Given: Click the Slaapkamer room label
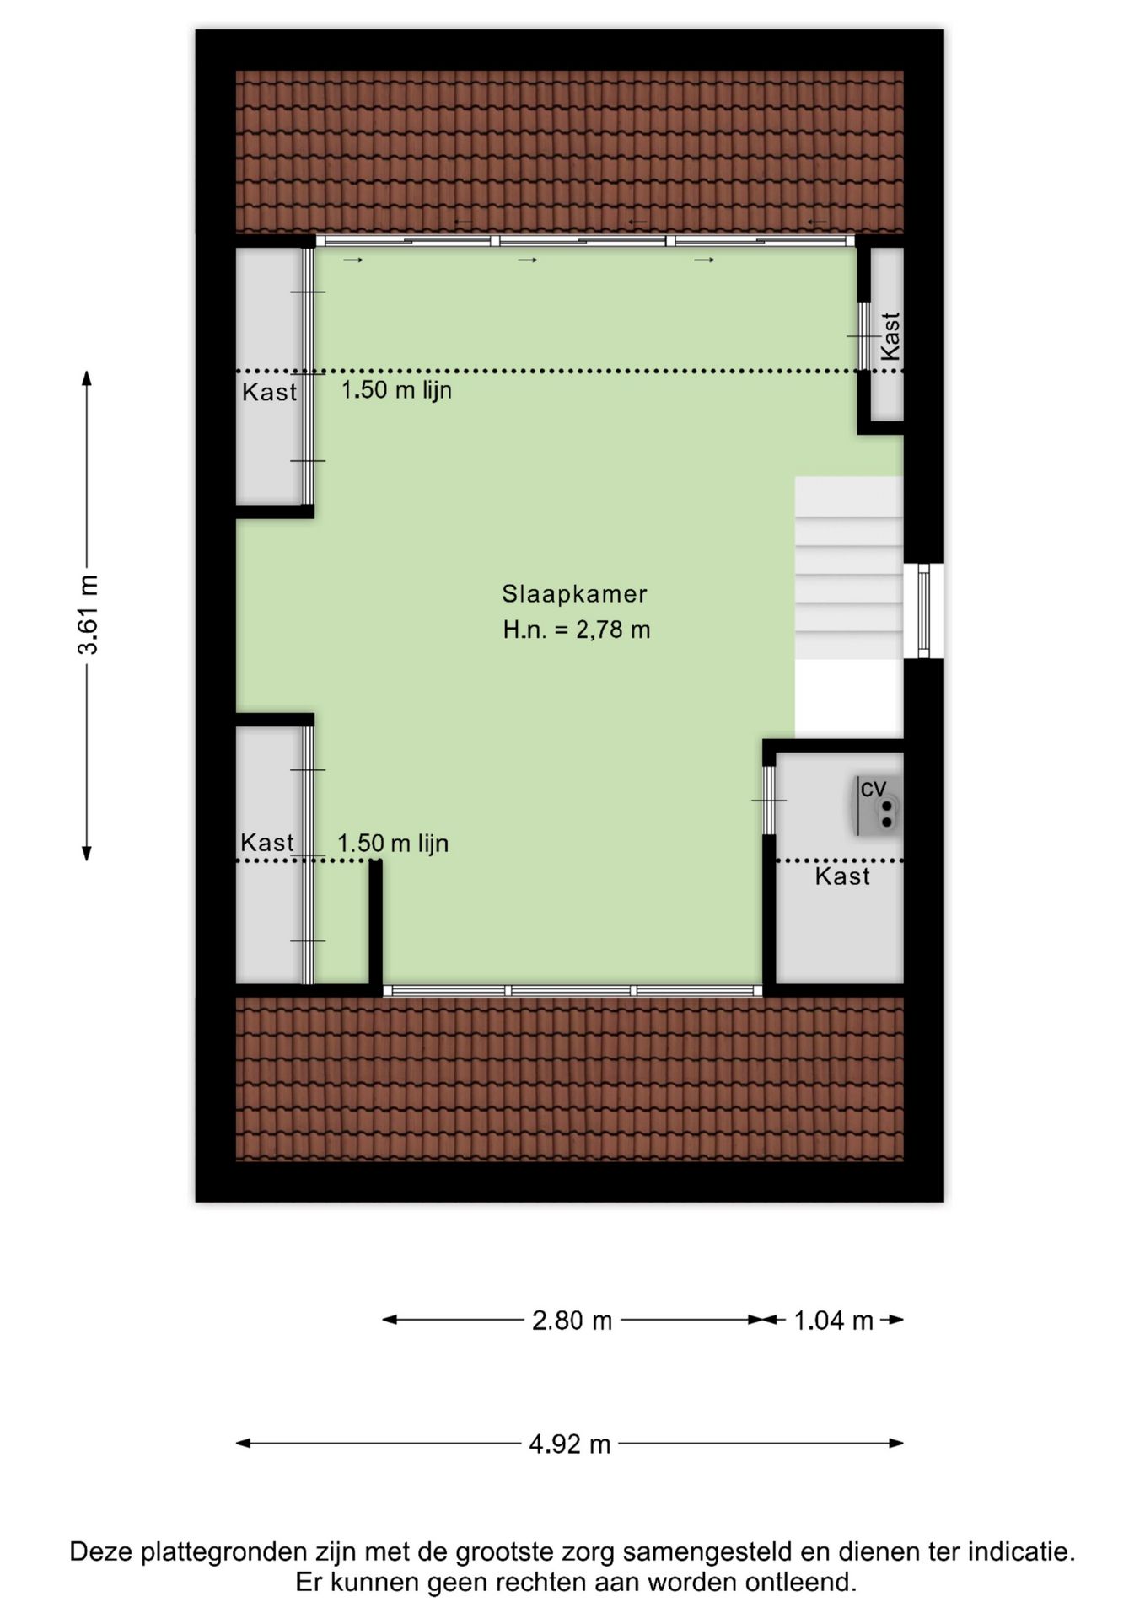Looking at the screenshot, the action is click(x=574, y=594).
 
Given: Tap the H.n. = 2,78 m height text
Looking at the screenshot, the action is click(x=577, y=630).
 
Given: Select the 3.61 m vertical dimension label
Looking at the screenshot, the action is click(x=88, y=615).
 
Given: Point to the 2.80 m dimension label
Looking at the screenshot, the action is click(x=572, y=1321).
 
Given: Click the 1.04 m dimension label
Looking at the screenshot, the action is click(x=833, y=1321).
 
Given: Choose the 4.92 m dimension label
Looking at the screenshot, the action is click(x=569, y=1444).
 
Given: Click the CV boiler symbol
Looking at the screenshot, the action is click(x=876, y=806).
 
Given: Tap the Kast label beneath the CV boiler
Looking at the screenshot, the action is click(x=842, y=876).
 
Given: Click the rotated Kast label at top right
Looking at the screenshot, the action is click(x=890, y=336).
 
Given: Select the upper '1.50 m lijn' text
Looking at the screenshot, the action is click(x=396, y=390).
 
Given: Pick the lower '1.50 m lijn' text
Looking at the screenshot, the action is click(x=393, y=843).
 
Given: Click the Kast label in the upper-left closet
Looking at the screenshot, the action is click(x=270, y=392).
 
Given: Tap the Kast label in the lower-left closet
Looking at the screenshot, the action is click(x=267, y=842).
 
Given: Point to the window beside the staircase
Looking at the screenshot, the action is click(x=924, y=611).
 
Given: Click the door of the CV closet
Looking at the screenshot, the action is click(x=768, y=800).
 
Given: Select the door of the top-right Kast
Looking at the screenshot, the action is click(x=863, y=336).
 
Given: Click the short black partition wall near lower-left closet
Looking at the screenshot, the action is click(x=376, y=922).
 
